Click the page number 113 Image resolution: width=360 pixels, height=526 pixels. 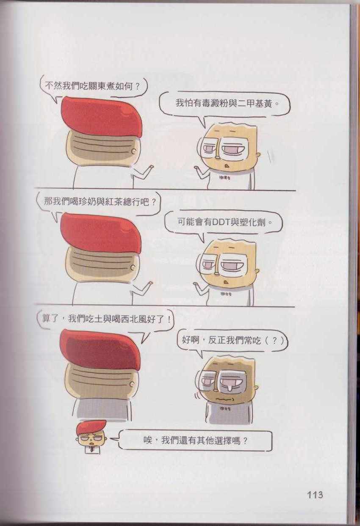(x=315, y=488)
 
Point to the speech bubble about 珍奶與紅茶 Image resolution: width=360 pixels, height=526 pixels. (x=99, y=204)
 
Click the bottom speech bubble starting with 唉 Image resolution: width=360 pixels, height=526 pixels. (x=195, y=441)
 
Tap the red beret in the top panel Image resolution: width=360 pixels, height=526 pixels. (x=102, y=116)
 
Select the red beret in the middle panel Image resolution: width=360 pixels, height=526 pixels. (x=101, y=233)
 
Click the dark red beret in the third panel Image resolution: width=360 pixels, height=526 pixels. (x=100, y=349)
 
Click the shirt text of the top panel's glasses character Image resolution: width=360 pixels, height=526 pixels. (x=225, y=178)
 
